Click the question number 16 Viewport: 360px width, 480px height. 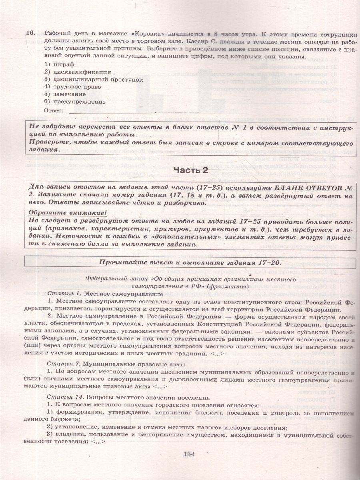click(x=32, y=33)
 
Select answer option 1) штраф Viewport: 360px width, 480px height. click(x=60, y=64)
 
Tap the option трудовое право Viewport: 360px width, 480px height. click(x=72, y=87)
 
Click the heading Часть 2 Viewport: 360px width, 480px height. click(x=191, y=170)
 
